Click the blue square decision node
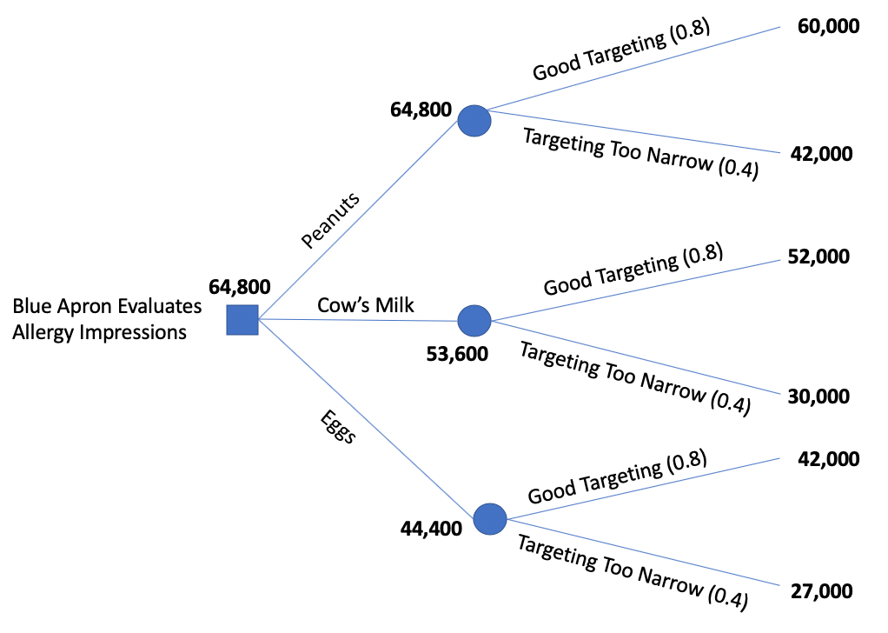click(242, 319)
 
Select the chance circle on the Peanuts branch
click(474, 121)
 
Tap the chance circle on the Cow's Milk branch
click(474, 321)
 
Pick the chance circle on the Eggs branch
click(490, 519)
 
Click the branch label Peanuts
click(329, 221)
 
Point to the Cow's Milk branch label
click(366, 305)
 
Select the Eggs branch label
click(337, 425)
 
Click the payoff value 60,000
click(829, 26)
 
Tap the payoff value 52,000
click(819, 257)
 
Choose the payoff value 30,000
click(818, 396)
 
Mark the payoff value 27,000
click(821, 591)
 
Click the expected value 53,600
click(457, 353)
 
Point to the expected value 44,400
click(431, 528)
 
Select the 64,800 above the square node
click(240, 286)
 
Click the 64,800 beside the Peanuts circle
click(421, 110)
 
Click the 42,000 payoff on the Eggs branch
click(828, 458)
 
